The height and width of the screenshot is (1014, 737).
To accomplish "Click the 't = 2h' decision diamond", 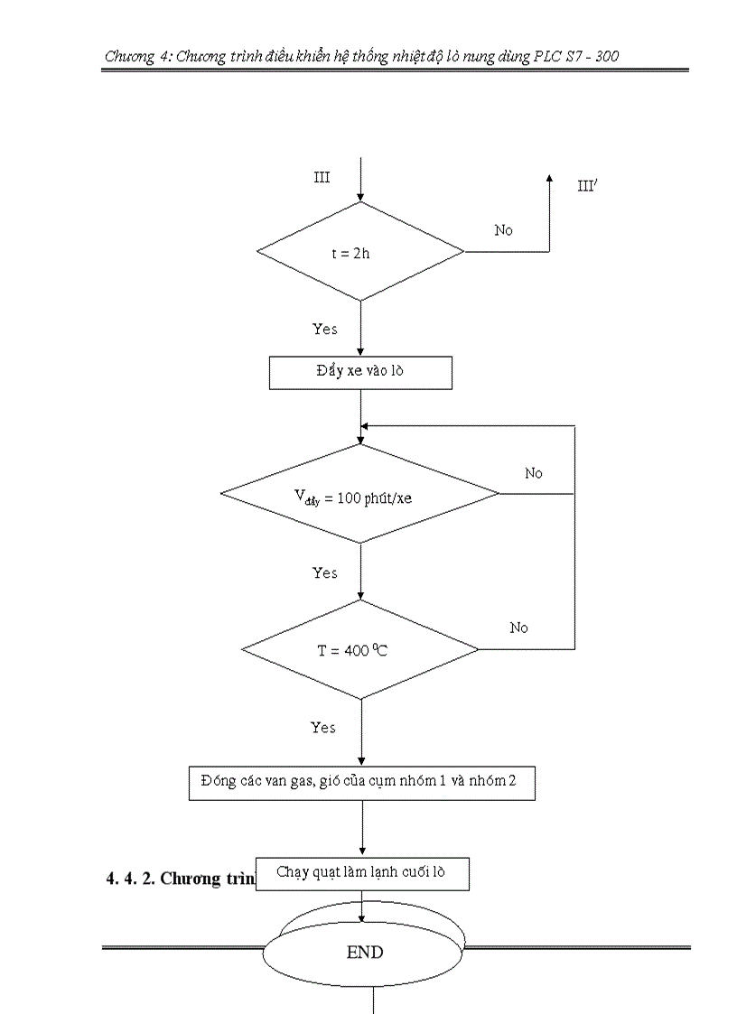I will (x=360, y=252).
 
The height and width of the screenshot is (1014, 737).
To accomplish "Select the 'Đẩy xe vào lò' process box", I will (x=360, y=372).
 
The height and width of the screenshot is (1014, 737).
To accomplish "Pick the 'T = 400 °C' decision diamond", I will (x=360, y=650).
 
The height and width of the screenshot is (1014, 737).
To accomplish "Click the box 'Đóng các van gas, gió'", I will (x=361, y=782).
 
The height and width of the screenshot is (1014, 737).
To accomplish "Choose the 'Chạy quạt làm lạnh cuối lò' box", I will (x=361, y=873).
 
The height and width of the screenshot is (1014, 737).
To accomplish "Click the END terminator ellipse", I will (x=364, y=952).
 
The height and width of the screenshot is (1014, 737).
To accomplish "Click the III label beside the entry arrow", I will (x=322, y=177).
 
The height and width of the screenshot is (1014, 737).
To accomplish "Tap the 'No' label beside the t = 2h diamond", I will (x=503, y=230).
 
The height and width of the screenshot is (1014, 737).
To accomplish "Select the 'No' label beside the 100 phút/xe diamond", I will (x=534, y=473).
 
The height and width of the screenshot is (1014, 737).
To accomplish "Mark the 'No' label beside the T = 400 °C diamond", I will (x=518, y=628).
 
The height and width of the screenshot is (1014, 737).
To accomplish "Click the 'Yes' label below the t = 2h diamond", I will (x=325, y=329).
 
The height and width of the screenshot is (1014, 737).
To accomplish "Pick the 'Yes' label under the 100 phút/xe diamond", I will (x=325, y=572).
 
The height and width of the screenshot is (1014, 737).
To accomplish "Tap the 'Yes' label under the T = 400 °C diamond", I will (x=323, y=727).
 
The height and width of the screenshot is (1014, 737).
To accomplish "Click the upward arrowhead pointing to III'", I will (x=549, y=179).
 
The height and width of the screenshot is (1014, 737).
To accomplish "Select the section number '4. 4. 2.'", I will (x=130, y=879).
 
